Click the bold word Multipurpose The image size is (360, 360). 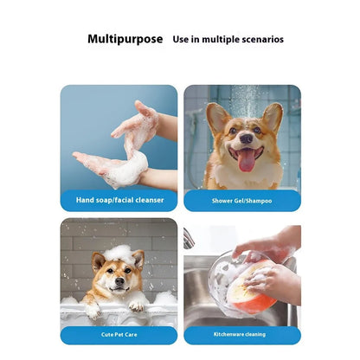pyautogui.click(x=125, y=39)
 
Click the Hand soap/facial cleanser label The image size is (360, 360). pyautogui.click(x=119, y=200)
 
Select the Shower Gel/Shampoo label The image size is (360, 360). pyautogui.click(x=241, y=201)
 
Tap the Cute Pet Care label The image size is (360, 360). pyautogui.click(x=119, y=335)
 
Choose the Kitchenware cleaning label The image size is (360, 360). pyautogui.click(x=240, y=334)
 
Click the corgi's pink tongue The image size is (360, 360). pyautogui.click(x=246, y=160)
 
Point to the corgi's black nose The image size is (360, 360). pyautogui.click(x=247, y=138)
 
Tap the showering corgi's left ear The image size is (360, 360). pyautogui.click(x=217, y=119)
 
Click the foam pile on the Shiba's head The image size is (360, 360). pyautogui.click(x=119, y=254)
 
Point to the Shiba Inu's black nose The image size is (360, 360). pyautogui.click(x=119, y=280)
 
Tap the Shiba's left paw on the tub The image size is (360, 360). pyautogui.click(x=93, y=311)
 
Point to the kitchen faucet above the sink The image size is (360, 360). pyautogui.click(x=188, y=239)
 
